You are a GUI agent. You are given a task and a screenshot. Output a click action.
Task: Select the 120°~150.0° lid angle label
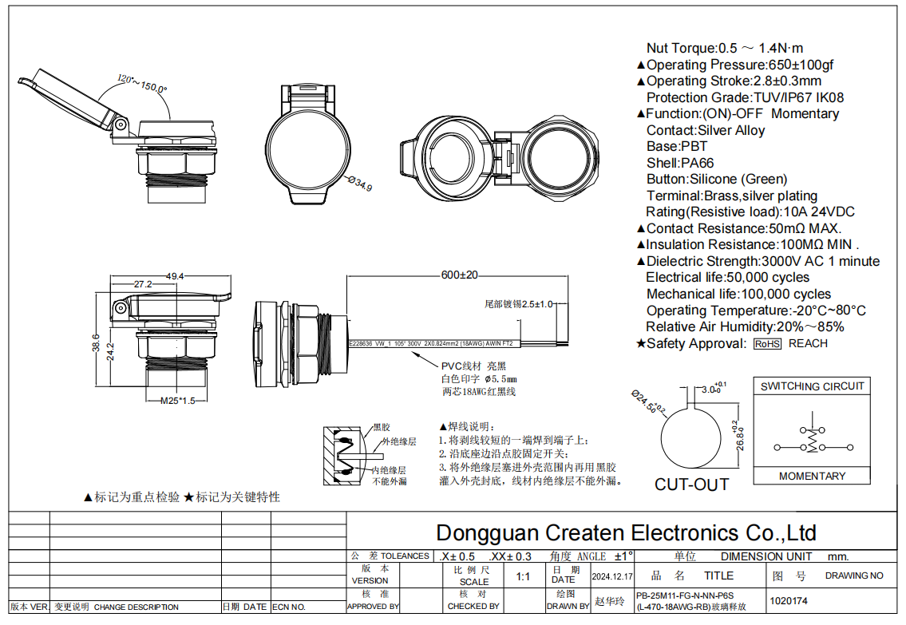[142, 83]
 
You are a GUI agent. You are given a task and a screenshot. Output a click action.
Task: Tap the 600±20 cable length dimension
[459, 275]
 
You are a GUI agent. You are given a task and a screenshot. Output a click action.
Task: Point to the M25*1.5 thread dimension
[177, 401]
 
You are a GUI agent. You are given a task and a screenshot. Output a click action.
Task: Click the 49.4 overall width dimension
[175, 276]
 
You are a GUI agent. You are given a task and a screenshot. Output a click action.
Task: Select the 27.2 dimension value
[143, 284]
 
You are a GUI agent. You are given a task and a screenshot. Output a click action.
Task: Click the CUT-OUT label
[691, 485]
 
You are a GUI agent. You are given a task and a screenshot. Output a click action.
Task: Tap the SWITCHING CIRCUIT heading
[812, 386]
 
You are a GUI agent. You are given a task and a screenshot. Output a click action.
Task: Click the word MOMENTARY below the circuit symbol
[812, 476]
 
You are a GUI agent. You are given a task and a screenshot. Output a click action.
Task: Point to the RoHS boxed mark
[767, 344]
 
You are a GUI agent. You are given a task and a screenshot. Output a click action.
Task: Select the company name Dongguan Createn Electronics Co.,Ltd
[626, 532]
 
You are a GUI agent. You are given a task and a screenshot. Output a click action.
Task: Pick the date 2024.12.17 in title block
[612, 576]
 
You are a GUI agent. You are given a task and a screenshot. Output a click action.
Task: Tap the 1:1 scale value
[524, 576]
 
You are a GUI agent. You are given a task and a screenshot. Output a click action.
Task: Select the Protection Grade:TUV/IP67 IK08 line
[745, 97]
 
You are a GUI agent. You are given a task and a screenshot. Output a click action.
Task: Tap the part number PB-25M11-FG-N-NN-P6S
[684, 595]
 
